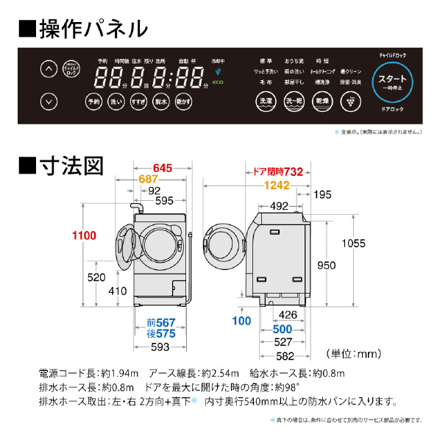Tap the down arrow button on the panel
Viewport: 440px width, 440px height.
[47, 102]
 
